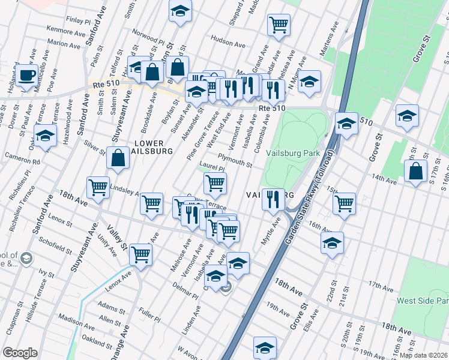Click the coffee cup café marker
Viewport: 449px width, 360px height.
pyautogui.click(x=26, y=75)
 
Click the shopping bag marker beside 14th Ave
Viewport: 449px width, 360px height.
pyautogui.click(x=416, y=172)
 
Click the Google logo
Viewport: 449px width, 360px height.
pyautogui.click(x=20, y=352)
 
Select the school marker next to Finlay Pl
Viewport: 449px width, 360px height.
pyautogui.click(x=179, y=11)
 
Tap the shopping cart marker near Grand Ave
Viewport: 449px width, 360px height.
pyautogui.click(x=278, y=25)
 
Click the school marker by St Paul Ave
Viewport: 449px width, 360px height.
pyautogui.click(x=45, y=136)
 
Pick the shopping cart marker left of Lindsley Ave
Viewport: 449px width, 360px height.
pyautogui.click(x=98, y=187)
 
